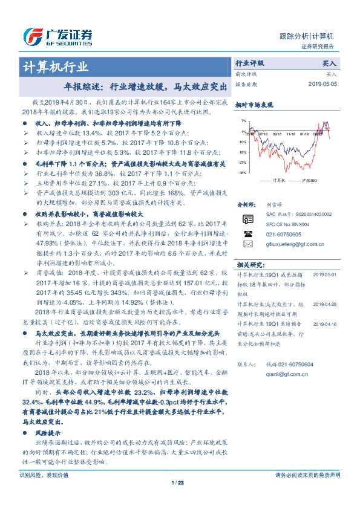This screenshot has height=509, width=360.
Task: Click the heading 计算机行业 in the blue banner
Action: (x=56, y=66)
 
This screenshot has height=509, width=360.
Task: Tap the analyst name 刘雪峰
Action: (x=274, y=205)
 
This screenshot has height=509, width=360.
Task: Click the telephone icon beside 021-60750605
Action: (x=246, y=233)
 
